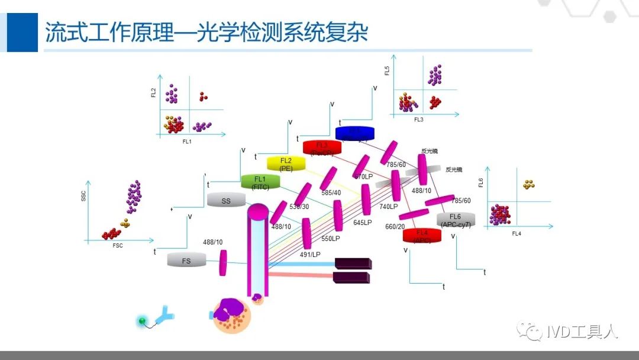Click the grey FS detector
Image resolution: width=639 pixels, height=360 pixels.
point(186,260)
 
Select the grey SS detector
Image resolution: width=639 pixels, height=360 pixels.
point(226,201)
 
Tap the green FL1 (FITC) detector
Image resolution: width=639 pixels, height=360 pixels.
point(260,182)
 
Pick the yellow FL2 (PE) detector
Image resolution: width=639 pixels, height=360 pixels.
point(286,163)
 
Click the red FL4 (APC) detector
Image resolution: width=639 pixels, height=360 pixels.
point(422,235)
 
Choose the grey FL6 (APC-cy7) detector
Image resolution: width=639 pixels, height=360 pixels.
point(456,220)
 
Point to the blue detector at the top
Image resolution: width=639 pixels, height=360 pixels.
point(355,133)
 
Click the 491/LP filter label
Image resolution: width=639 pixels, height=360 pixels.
point(310,255)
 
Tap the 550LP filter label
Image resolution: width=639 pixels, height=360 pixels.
point(331,239)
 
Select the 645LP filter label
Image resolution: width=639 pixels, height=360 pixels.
point(363,223)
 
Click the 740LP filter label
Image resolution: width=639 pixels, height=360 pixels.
point(389,207)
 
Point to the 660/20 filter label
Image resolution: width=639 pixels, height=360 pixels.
point(395,227)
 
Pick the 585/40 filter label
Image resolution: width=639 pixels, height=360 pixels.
point(331,192)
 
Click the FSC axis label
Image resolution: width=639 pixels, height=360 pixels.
point(118,246)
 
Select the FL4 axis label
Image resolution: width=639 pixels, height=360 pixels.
point(517,234)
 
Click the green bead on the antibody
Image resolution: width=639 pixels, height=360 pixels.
point(142,321)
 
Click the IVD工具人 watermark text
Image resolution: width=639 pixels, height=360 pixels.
point(582,332)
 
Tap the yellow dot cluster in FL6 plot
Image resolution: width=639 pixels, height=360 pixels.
point(528,184)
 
